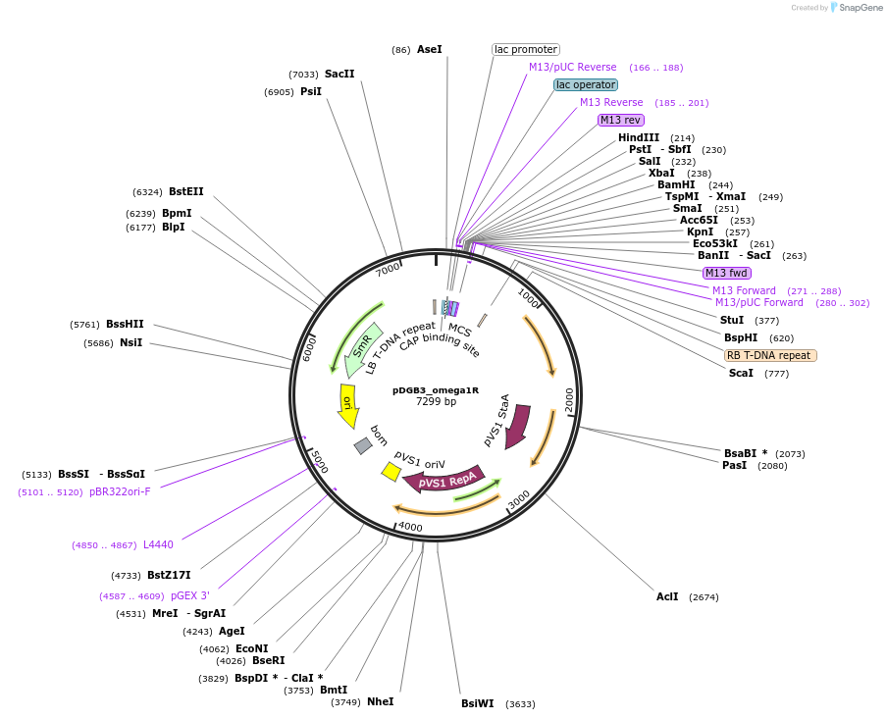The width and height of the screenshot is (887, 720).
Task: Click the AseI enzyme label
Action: [x=430, y=49]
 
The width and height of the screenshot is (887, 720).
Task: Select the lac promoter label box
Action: [x=526, y=49]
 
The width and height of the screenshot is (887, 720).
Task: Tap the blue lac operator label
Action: [x=586, y=84]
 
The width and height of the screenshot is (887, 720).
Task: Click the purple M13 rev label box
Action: [x=621, y=120]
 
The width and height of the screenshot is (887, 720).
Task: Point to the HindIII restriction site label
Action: [x=639, y=137]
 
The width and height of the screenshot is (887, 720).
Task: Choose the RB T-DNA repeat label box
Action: [x=770, y=355]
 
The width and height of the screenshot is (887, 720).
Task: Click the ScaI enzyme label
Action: [x=741, y=373]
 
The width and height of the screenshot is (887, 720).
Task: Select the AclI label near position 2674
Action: [x=667, y=596]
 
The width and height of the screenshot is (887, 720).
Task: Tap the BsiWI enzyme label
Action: [x=478, y=703]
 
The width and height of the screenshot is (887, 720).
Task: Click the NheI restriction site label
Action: [x=380, y=701]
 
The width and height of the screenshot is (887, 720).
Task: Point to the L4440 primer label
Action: [x=158, y=544]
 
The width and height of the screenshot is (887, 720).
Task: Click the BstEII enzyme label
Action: [x=186, y=191]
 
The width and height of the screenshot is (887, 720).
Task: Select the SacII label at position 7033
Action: [x=339, y=74]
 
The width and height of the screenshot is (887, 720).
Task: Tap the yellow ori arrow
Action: [x=347, y=404]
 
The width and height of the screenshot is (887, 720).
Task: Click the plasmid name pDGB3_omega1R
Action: [x=436, y=389]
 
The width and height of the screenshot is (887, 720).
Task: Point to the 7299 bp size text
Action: [x=436, y=401]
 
